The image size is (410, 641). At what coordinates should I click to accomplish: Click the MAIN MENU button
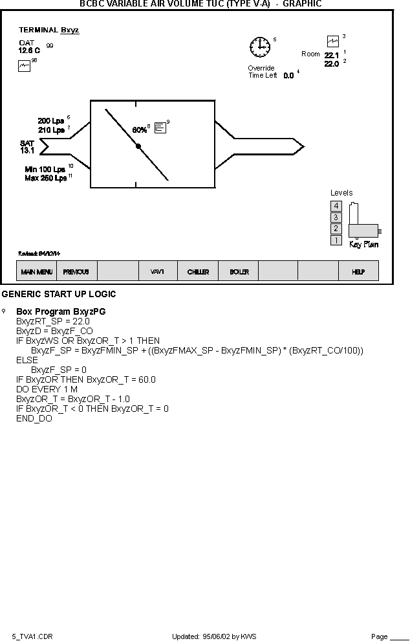[36, 272]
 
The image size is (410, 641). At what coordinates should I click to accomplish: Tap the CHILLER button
[198, 272]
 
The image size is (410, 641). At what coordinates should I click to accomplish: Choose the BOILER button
[239, 272]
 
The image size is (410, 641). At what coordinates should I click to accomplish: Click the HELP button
[358, 272]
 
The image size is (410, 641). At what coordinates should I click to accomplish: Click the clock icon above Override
[260, 47]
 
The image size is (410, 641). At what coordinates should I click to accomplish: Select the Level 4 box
[336, 206]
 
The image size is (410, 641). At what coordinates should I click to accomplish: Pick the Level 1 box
[336, 240]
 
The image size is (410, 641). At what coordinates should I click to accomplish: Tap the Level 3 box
[336, 218]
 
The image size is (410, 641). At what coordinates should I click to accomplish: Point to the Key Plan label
[363, 245]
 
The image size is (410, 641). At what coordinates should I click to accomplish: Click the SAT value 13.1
[27, 150]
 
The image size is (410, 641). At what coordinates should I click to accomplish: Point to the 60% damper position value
[139, 129]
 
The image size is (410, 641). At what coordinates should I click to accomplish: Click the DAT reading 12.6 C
[29, 50]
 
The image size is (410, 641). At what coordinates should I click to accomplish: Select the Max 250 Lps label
[45, 178]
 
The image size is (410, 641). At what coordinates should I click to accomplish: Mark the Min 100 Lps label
[45, 169]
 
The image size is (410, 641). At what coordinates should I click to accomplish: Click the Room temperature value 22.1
[331, 55]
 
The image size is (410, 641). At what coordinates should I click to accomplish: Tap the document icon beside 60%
[160, 128]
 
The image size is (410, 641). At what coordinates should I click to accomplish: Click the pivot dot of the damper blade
[138, 146]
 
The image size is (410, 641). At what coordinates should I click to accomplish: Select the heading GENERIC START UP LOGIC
[59, 295]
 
